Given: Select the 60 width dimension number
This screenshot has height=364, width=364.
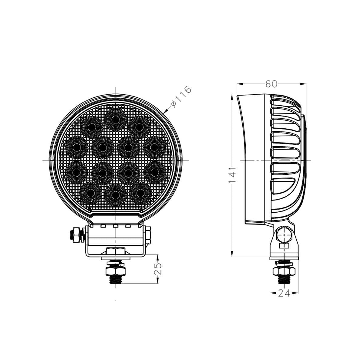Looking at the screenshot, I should [x=271, y=84].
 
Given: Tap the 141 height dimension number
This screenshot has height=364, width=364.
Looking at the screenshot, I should [x=232, y=175].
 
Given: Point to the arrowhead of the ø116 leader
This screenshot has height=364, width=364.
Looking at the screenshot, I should [x=165, y=111].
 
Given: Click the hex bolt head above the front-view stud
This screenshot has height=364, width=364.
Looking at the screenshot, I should [x=115, y=251].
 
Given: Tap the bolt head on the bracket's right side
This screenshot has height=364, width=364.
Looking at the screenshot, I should [x=148, y=235].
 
